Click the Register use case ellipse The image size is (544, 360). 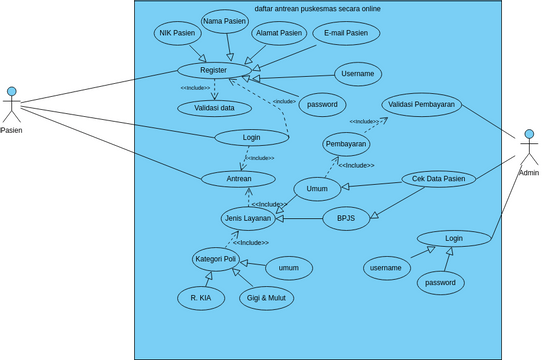214,71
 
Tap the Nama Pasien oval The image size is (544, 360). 225,20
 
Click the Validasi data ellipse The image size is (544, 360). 214,108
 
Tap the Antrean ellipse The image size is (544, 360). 238,179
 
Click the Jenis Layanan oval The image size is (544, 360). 249,218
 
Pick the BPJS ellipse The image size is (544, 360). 346,218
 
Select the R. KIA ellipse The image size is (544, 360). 201,298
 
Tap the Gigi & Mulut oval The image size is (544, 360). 268,298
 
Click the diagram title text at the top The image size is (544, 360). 318,8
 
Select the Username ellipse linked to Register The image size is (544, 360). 358,74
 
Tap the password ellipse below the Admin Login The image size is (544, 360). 441,283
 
